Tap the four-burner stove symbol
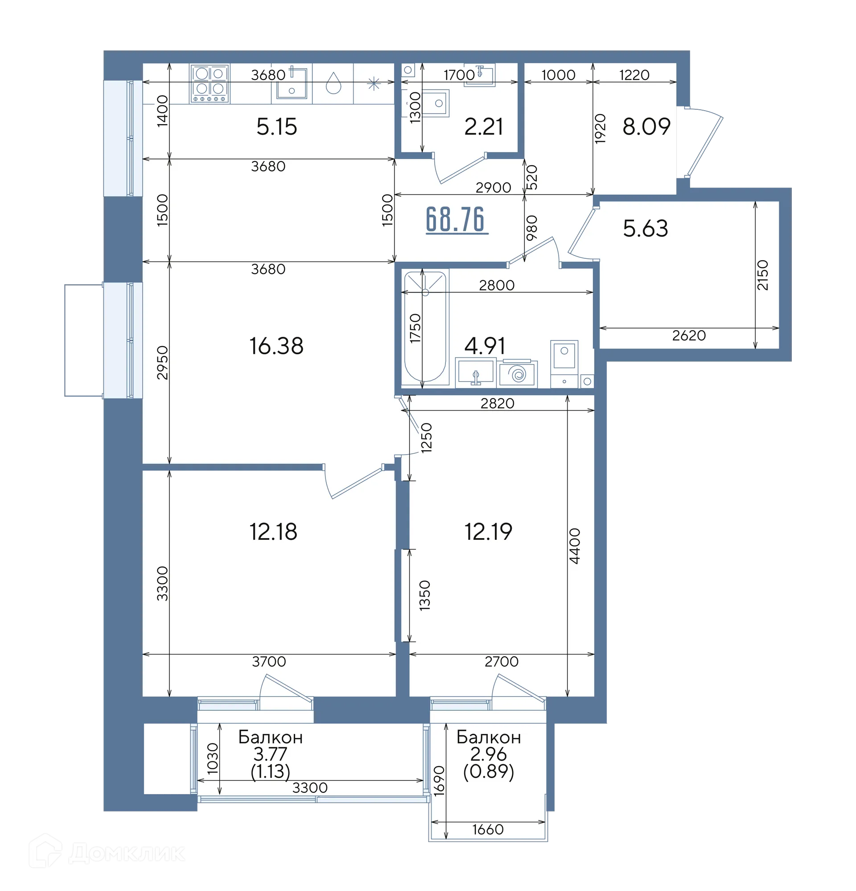click(210, 83)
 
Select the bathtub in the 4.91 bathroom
click(425, 327)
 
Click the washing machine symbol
click(518, 374)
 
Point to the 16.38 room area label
click(276, 346)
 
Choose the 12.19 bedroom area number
click(488, 531)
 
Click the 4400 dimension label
click(575, 546)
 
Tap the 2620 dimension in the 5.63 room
click(689, 336)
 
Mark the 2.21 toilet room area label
click(483, 126)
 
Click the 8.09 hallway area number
click(646, 126)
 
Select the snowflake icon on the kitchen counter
click(374, 83)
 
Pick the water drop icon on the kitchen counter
click(333, 83)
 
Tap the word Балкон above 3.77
click(270, 738)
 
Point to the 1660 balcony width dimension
click(488, 829)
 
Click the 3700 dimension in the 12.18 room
click(269, 661)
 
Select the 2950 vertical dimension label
click(162, 363)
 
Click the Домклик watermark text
click(127, 854)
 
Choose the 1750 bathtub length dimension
click(415, 328)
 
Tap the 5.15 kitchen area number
click(277, 126)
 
